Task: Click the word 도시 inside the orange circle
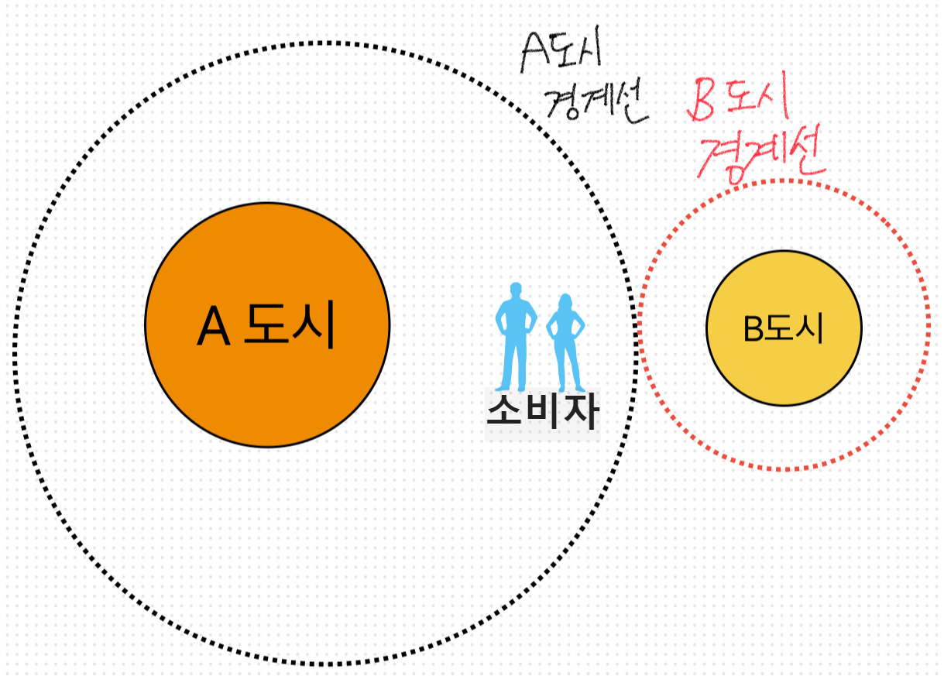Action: click(x=289, y=325)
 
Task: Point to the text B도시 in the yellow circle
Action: click(x=783, y=329)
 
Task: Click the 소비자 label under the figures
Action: click(x=542, y=412)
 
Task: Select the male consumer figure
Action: click(x=514, y=337)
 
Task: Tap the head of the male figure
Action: click(x=515, y=292)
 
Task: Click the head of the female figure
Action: click(x=565, y=302)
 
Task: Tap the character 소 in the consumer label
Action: click(x=504, y=412)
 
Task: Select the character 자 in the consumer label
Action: click(x=580, y=412)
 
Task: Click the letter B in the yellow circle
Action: click(x=753, y=329)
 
